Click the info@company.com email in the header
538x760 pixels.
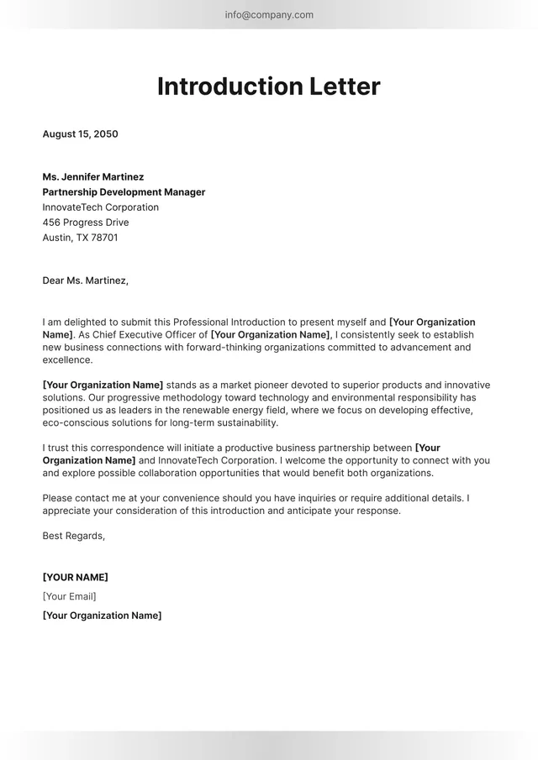coord(269,14)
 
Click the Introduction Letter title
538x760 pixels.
coord(269,86)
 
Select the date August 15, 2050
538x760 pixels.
coord(80,134)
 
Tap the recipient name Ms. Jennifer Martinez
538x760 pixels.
coord(92,177)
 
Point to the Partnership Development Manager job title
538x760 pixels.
coord(124,192)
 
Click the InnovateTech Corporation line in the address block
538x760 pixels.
coord(100,207)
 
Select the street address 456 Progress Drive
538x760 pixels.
coord(85,223)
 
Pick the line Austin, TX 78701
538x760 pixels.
coord(80,238)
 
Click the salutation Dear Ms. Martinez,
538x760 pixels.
coord(85,280)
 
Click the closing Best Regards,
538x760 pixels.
coord(73,536)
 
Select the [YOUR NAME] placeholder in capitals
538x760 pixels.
coord(75,577)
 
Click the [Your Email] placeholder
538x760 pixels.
coord(69,596)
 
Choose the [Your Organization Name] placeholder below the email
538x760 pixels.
coord(102,616)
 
